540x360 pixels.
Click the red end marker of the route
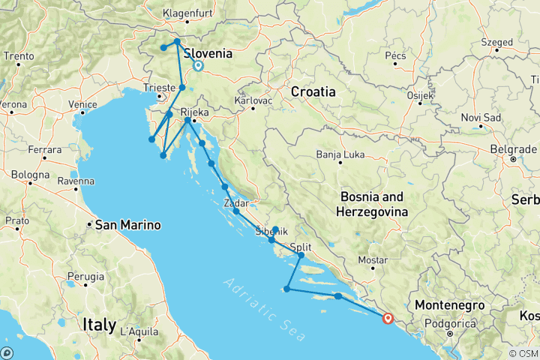point(388,318)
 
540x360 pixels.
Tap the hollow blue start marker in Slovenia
point(198,65)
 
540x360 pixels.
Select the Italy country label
point(99,325)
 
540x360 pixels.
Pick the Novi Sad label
point(480,117)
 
